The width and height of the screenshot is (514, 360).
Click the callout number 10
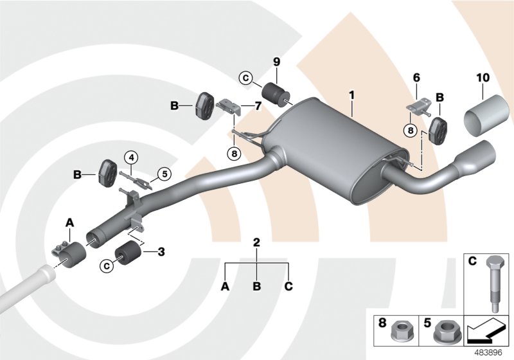483,77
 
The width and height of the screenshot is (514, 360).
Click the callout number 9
277,62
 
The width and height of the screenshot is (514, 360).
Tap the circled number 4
130,156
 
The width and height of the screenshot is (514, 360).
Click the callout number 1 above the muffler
351,94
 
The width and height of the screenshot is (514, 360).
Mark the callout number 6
416,77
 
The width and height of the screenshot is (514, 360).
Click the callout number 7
258,105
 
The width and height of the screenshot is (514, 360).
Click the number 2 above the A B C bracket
256,242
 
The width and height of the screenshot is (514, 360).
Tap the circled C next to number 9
245,78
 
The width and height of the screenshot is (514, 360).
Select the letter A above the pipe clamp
70,222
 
